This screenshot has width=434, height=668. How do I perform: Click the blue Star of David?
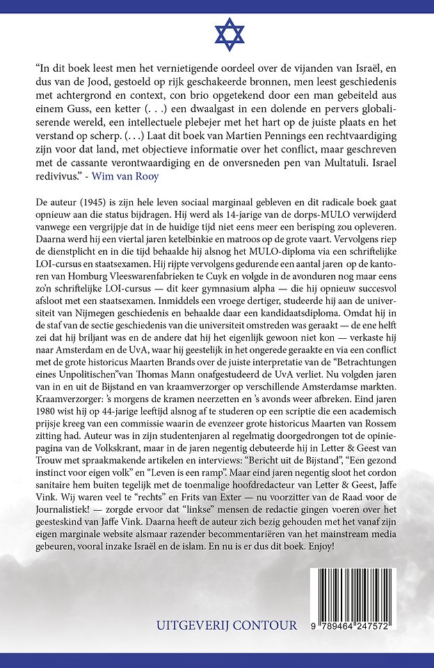click(x=217, y=33)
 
